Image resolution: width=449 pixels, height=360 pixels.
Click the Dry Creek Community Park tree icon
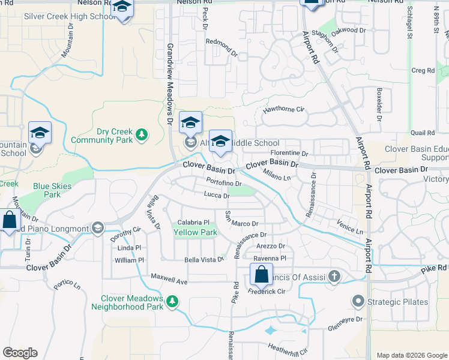(142, 134)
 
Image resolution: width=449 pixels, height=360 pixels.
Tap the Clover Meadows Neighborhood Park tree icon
(172, 301)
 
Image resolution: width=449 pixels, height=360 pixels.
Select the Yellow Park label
(195, 232)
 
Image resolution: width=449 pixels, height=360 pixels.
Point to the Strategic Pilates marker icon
(359, 301)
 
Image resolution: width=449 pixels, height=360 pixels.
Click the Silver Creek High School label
(70, 16)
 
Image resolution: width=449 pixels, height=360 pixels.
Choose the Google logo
(20, 353)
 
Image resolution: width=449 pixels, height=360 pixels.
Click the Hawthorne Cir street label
(285, 110)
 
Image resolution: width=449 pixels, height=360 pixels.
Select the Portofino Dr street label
(224, 184)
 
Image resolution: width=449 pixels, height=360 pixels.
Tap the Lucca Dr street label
(217, 196)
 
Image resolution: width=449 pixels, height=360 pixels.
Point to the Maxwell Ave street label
(169, 281)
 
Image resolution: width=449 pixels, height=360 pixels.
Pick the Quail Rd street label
(422, 133)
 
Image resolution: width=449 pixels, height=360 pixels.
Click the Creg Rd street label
(423, 70)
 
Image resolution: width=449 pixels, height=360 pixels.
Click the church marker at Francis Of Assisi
(334, 277)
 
